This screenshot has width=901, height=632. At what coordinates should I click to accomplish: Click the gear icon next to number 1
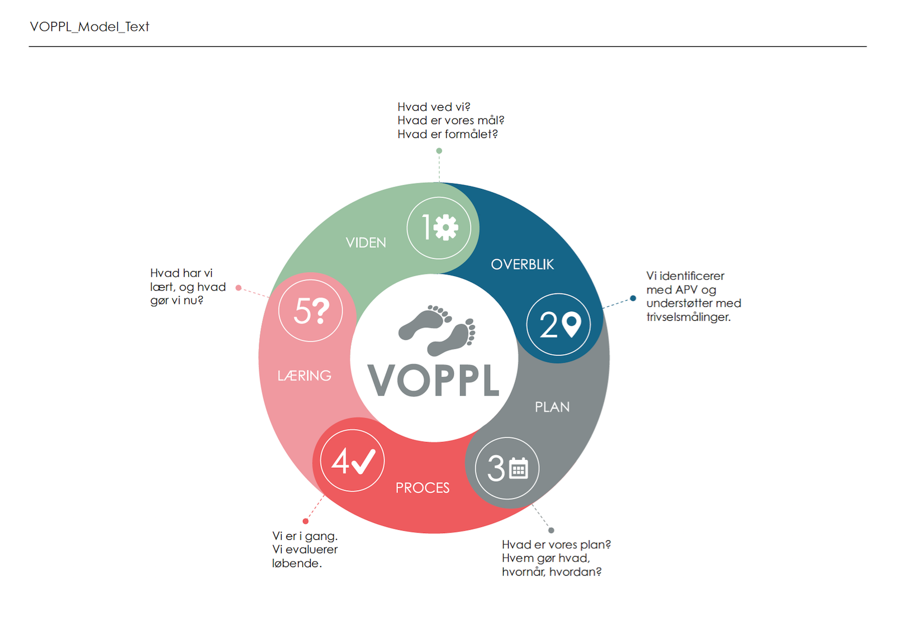pyautogui.click(x=445, y=227)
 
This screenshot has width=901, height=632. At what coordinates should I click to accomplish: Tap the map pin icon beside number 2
pyautogui.click(x=571, y=325)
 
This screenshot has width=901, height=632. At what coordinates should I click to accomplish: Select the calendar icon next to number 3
pyautogui.click(x=519, y=468)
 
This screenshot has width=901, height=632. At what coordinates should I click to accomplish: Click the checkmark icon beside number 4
pyautogui.click(x=363, y=462)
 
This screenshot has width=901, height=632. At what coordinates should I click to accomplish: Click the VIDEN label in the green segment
pyautogui.click(x=366, y=243)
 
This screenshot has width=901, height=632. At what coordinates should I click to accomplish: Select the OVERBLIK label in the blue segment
pyautogui.click(x=522, y=264)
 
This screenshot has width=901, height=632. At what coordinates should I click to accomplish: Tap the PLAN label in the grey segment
pyautogui.click(x=552, y=407)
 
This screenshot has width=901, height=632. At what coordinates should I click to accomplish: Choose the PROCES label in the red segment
pyautogui.click(x=423, y=488)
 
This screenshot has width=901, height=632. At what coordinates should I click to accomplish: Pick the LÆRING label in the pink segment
pyautogui.click(x=305, y=376)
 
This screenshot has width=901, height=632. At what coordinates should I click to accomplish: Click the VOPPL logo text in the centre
pyautogui.click(x=433, y=381)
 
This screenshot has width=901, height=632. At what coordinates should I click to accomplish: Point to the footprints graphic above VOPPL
pyautogui.click(x=437, y=330)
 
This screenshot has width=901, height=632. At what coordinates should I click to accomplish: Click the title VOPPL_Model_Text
pyautogui.click(x=89, y=26)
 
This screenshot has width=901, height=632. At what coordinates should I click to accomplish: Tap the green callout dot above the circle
pyautogui.click(x=439, y=151)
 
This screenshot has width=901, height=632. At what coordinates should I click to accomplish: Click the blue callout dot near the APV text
pyautogui.click(x=633, y=298)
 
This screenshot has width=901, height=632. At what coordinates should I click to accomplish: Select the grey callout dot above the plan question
pyautogui.click(x=551, y=530)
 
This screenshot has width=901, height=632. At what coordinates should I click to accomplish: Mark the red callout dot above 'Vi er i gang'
pyautogui.click(x=306, y=521)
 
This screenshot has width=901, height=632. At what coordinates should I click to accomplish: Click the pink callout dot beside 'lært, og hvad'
pyautogui.click(x=239, y=288)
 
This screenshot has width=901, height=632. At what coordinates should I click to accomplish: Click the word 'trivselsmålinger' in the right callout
pyautogui.click(x=688, y=317)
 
